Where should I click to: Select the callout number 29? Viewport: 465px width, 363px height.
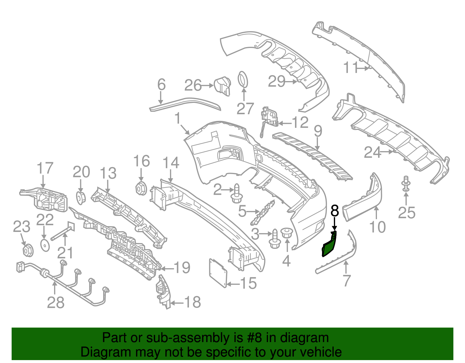coord(276,81)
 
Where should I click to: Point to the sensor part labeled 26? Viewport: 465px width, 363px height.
coord(222,85)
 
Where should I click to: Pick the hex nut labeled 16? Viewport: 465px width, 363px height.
coord(141,189)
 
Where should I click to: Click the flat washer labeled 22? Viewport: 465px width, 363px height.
coord(45,245)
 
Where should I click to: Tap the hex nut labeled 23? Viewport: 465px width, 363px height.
coord(28,250)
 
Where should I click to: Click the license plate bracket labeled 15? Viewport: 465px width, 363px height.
coord(218,273)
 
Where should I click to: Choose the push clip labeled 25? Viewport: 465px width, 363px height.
coord(406,183)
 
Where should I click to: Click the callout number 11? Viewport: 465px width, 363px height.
coord(350,68)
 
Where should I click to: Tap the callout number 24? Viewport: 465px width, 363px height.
coord(372,152)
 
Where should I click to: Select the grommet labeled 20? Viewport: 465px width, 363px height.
coord(81,197)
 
